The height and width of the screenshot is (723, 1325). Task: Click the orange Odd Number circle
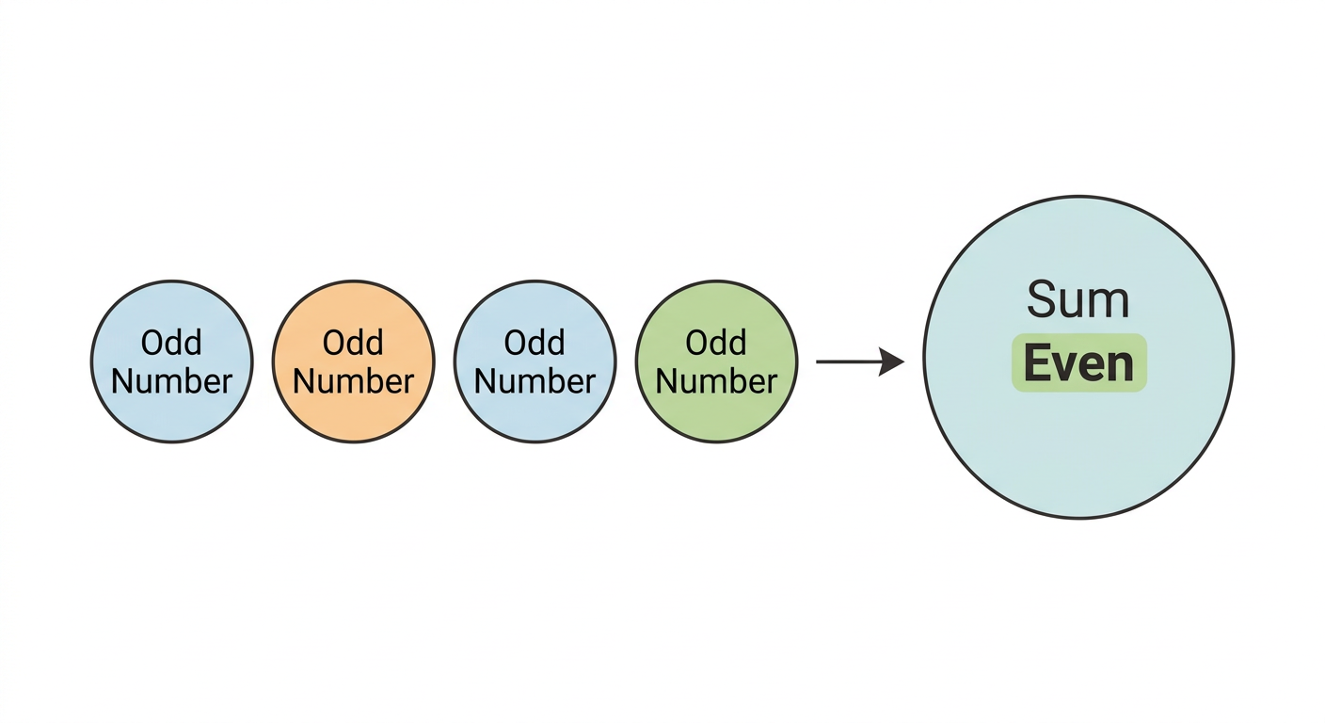click(x=354, y=361)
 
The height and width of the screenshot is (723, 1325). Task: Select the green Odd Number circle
click(x=717, y=361)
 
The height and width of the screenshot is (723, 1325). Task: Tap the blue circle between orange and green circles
click(x=535, y=361)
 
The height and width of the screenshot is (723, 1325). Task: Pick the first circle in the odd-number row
click(x=172, y=361)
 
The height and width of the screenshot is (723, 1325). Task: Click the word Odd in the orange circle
click(x=353, y=342)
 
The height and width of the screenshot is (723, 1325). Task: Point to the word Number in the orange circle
click(x=354, y=381)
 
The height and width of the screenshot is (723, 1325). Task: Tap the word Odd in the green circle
click(x=716, y=342)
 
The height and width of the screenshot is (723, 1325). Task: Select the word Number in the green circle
click(x=717, y=381)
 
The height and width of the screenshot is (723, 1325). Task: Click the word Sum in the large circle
click(x=1078, y=299)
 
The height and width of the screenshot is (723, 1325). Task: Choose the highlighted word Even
click(x=1079, y=363)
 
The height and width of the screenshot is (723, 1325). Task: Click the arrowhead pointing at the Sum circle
click(x=891, y=361)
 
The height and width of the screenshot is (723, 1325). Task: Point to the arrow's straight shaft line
click(x=848, y=361)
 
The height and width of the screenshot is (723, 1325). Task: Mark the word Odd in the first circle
click(x=171, y=342)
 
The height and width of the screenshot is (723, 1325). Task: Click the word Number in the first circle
click(x=172, y=381)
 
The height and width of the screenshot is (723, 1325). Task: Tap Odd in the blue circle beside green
click(x=535, y=342)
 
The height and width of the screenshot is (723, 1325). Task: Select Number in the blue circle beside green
click(x=535, y=381)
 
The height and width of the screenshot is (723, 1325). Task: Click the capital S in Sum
click(x=1043, y=299)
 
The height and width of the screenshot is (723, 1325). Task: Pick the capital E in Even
click(x=1037, y=363)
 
